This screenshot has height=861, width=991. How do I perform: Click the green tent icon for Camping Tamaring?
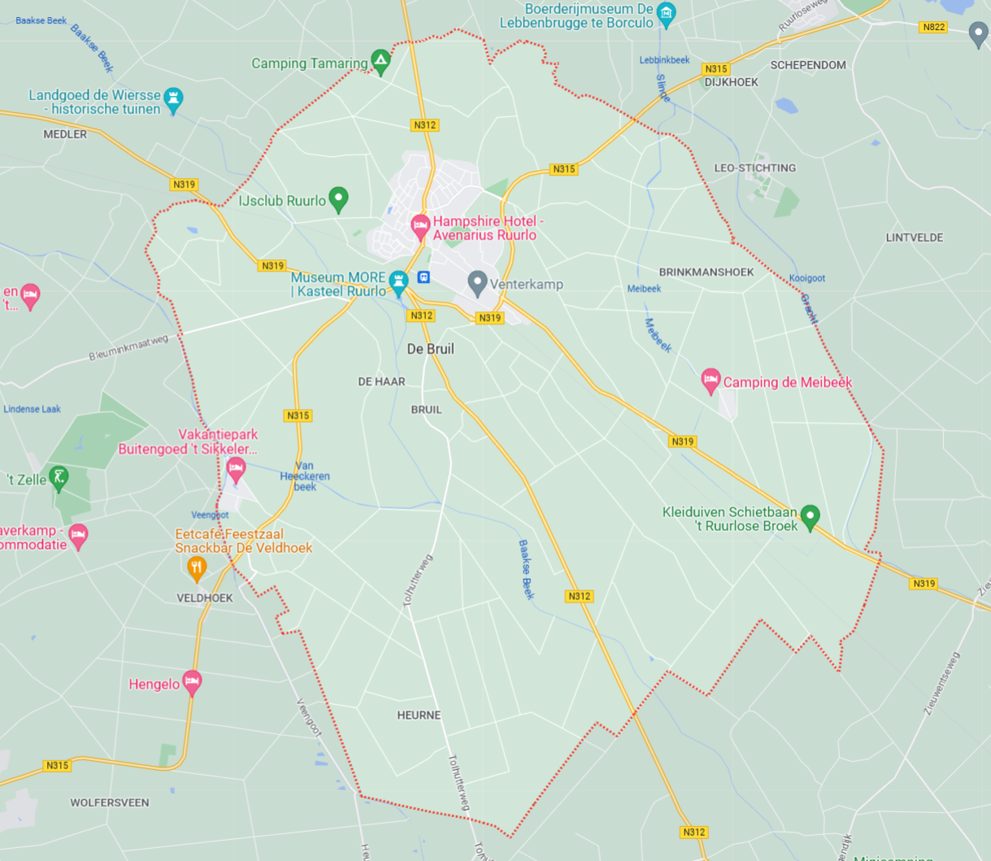380,61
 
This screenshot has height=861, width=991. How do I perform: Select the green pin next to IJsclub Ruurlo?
339,198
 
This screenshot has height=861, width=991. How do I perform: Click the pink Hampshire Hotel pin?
420,225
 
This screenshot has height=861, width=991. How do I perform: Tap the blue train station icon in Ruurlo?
423,277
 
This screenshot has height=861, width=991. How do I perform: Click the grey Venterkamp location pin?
477,282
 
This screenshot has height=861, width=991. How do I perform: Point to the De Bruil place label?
430,349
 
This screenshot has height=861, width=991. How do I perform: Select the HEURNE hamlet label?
419,715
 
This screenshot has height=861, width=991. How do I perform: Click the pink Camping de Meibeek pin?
711,380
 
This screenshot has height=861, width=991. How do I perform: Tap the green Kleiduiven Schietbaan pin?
810,515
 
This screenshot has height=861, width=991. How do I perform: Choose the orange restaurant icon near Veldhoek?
196,567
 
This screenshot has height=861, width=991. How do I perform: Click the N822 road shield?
933,27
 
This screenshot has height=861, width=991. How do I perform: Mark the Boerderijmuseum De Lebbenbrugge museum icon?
666,13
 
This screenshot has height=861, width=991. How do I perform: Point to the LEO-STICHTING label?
754,168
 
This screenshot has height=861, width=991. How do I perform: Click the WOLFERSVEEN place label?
110,802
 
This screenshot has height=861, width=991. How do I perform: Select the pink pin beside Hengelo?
192,682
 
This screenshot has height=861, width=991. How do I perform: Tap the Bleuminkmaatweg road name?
128,348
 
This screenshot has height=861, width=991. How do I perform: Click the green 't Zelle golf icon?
59,477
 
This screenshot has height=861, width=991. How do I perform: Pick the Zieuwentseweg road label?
941,683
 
